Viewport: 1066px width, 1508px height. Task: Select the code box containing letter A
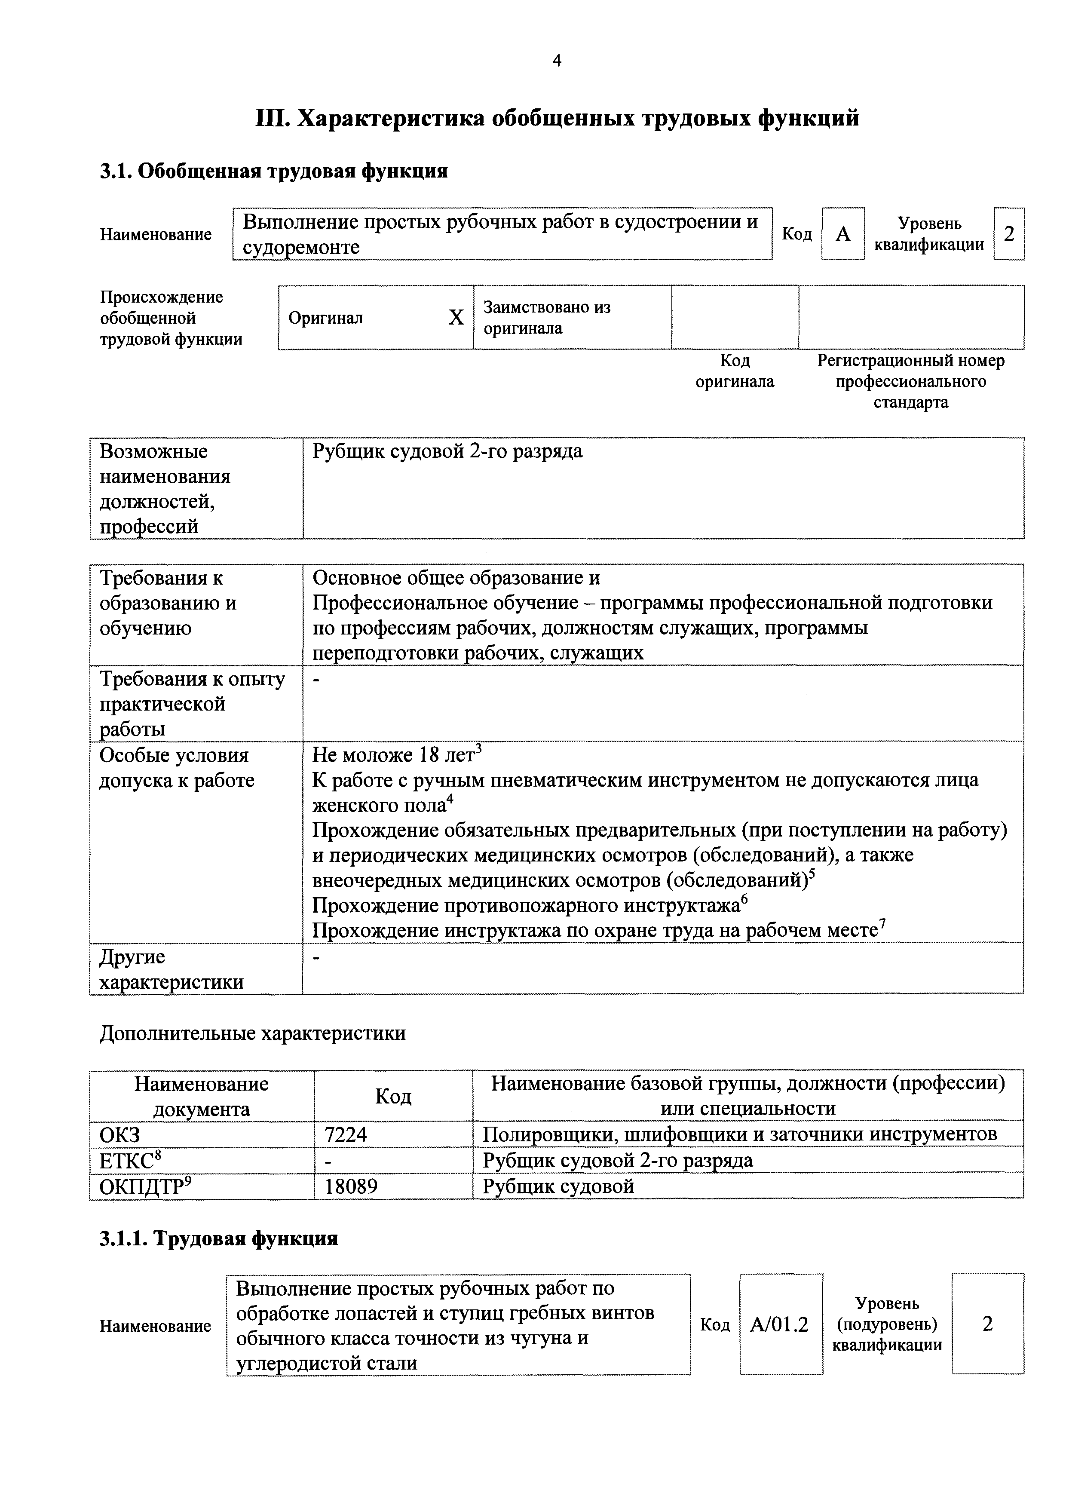[842, 234]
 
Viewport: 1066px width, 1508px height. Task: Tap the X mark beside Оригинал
[456, 318]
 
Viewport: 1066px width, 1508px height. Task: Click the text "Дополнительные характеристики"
[252, 1034]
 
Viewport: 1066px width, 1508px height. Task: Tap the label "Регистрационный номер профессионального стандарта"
[910, 382]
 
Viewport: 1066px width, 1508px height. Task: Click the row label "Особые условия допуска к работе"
[177, 768]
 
